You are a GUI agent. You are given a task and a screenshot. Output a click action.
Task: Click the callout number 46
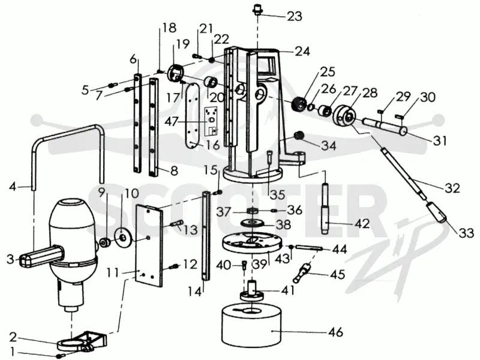click(x=335, y=332)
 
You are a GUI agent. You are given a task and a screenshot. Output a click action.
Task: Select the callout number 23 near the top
click(x=295, y=16)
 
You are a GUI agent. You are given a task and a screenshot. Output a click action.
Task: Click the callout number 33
click(x=466, y=233)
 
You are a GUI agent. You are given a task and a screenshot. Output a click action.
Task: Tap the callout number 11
click(x=113, y=272)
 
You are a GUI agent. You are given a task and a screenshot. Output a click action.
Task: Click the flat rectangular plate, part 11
click(x=149, y=245)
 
